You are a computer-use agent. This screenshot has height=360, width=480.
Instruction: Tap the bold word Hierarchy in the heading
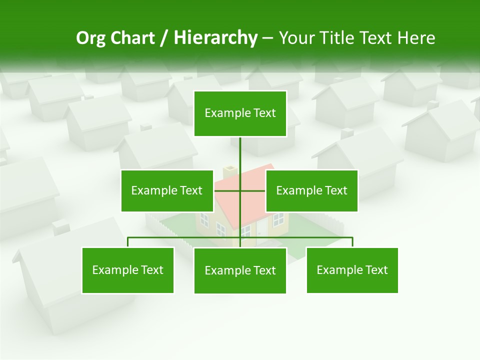[215, 38]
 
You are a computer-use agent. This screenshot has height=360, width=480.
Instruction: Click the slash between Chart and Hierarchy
[164, 38]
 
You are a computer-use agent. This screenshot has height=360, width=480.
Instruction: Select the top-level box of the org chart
[240, 113]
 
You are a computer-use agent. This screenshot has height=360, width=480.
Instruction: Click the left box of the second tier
[167, 190]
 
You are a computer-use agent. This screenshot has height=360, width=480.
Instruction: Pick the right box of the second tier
[311, 190]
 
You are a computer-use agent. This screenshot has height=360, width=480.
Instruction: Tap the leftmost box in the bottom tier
[127, 270]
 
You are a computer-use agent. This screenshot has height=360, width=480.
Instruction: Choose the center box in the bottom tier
[240, 270]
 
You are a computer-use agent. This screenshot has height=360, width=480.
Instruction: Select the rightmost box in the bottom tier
[352, 270]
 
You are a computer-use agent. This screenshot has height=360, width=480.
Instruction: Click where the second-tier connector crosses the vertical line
[240, 190]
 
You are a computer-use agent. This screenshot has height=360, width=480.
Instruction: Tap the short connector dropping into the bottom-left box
[127, 242]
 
